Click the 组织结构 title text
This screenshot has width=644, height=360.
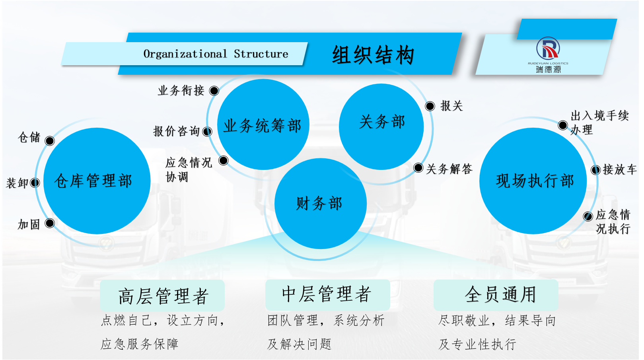click(x=373, y=54)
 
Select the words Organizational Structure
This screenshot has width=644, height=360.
click(x=216, y=54)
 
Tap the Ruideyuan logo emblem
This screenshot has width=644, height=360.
click(x=548, y=48)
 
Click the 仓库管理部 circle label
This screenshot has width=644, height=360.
click(x=93, y=181)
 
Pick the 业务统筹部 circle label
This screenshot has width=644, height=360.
click(x=262, y=126)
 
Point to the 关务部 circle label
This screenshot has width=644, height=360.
click(x=382, y=122)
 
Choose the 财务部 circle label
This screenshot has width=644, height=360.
click(x=319, y=204)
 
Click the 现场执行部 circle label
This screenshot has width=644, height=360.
click(x=535, y=181)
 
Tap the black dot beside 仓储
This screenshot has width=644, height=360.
click(x=50, y=141)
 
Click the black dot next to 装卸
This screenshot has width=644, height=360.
click(x=35, y=183)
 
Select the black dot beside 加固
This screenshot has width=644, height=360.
click(x=50, y=223)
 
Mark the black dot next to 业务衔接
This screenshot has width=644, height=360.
click(x=214, y=91)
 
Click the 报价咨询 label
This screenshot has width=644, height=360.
click(x=176, y=131)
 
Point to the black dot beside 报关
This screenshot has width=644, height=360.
click(x=430, y=106)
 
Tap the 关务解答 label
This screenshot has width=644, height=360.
click(x=449, y=169)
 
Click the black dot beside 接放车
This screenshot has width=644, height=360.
click(x=595, y=170)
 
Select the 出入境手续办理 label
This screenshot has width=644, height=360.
click(x=599, y=123)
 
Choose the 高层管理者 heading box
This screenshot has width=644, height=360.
click(x=162, y=296)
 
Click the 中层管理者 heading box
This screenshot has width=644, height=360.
click(x=327, y=295)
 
